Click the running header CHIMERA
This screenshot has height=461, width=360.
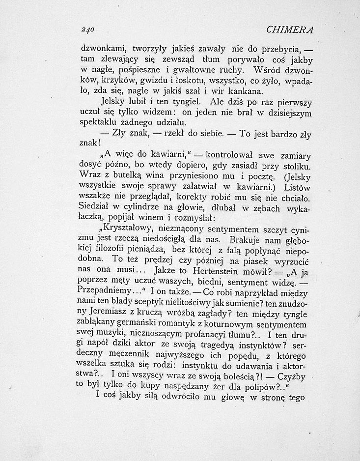[289, 29]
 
